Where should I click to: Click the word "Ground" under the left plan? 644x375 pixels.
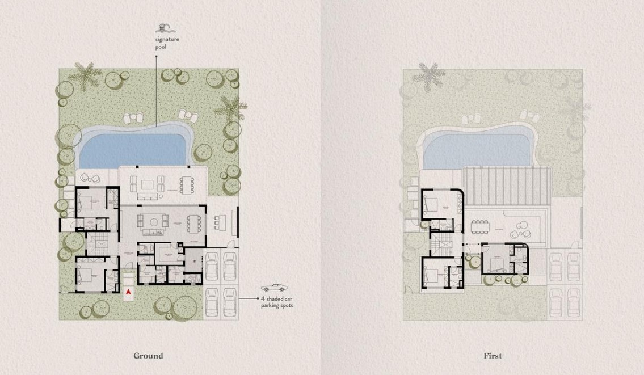pos(148,356)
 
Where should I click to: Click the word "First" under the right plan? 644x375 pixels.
pos(493,356)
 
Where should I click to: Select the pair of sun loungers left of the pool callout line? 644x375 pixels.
pos(133,117)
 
